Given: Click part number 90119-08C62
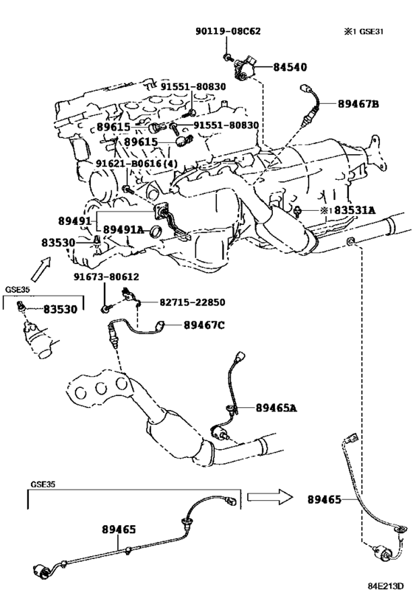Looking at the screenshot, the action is tap(228, 31).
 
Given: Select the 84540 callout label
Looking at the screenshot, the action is tap(290, 67).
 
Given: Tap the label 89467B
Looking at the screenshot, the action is tap(358, 104).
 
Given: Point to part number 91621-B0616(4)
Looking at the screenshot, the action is tap(136, 163).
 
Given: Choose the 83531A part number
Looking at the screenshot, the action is tap(355, 210).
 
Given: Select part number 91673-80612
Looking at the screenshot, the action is tap(106, 277).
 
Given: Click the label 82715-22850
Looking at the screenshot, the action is tap(192, 302).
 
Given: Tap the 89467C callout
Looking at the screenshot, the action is tap(204, 325).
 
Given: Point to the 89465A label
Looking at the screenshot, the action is tap(277, 408).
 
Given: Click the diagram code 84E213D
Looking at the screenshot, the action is tap(385, 586).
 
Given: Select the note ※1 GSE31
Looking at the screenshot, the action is tap(364, 31).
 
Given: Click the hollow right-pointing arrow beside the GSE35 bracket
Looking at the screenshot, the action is tap(270, 497).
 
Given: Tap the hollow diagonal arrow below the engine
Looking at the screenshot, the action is tap(41, 269).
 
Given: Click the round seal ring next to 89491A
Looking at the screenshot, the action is tap(156, 231).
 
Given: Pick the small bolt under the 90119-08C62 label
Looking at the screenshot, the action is tap(227, 58).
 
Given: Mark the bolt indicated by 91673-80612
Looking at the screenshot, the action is tap(105, 308).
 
